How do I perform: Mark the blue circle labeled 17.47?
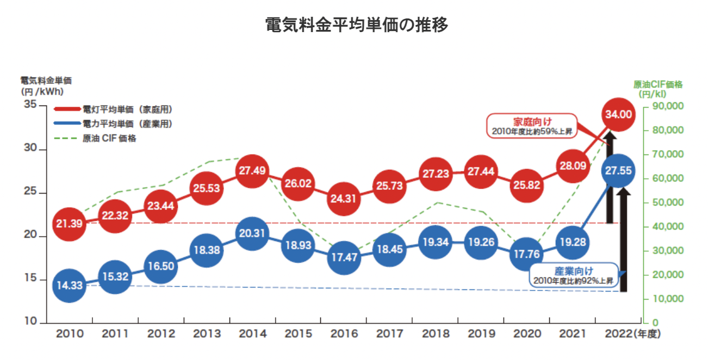[344, 258]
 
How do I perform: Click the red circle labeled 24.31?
[344, 198]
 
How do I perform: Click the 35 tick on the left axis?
[30, 104]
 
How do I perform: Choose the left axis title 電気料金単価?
[46, 80]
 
